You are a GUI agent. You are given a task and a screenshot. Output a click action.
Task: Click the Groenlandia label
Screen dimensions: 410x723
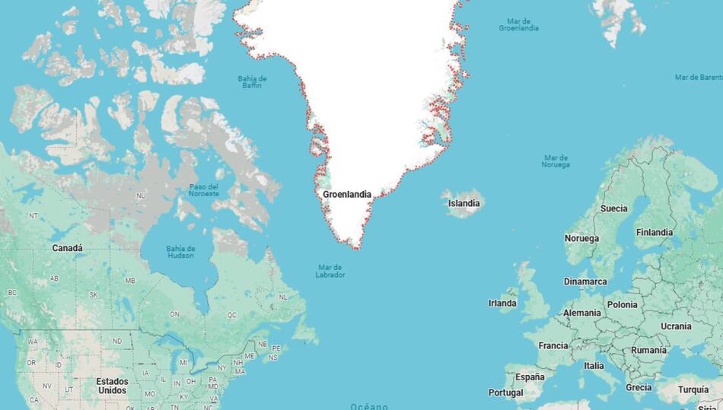pyautogui.click(x=347, y=195)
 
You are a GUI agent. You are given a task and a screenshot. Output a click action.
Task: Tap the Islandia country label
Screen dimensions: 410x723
pyautogui.click(x=463, y=204)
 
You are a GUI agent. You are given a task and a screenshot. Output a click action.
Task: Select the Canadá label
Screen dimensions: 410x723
pyautogui.click(x=68, y=248)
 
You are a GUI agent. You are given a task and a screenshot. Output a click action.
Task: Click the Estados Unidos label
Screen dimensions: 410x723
pyautogui.click(x=112, y=386)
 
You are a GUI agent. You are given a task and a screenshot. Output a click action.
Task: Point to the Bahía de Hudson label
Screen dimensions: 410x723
pyautogui.click(x=180, y=252)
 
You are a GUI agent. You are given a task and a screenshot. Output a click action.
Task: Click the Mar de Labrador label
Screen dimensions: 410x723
pyautogui.click(x=331, y=271)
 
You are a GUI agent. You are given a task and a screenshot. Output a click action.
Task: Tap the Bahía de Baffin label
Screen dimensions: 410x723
pyautogui.click(x=252, y=81)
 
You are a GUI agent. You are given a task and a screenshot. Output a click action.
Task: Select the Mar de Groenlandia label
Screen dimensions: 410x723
pyautogui.click(x=519, y=24)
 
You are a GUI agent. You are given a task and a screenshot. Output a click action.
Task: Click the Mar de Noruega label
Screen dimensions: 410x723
pyautogui.click(x=556, y=161)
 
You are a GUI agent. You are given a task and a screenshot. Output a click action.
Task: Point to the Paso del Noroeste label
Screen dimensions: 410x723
pyautogui.click(x=204, y=190)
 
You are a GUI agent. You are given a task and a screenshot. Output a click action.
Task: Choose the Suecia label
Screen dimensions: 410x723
pyautogui.click(x=614, y=208)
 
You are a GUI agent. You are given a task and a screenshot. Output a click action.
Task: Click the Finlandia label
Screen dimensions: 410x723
pyautogui.click(x=655, y=233)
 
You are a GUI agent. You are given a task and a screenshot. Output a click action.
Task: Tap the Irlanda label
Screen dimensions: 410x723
pyautogui.click(x=502, y=304)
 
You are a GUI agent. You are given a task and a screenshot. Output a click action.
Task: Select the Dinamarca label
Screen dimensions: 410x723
pyautogui.click(x=585, y=281)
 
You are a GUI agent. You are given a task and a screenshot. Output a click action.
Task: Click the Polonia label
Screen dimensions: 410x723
pyautogui.click(x=623, y=304)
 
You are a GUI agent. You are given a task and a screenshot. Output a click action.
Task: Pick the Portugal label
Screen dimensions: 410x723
pyautogui.click(x=506, y=393)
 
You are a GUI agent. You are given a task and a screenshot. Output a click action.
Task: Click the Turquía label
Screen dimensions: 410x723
pyautogui.click(x=693, y=389)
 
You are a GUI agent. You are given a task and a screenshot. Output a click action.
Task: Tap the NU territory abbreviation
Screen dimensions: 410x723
pyautogui.click(x=141, y=196)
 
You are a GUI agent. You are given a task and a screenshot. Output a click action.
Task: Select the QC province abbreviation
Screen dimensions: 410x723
pyautogui.click(x=232, y=314)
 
